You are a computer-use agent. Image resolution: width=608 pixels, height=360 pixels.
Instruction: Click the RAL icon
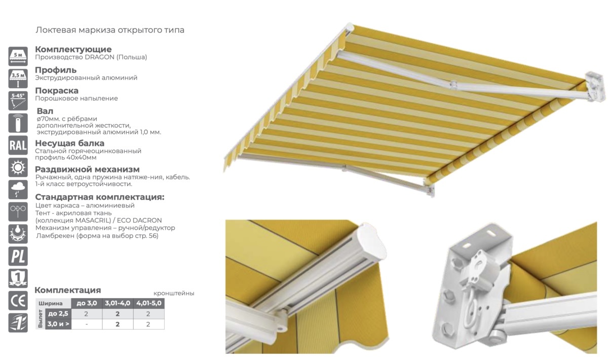coord(18,145)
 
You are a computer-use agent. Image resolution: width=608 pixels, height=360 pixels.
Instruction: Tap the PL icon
coord(18,256)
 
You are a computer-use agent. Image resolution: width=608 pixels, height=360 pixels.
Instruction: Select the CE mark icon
coord(18,301)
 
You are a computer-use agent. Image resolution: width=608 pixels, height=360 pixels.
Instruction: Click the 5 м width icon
coord(18,56)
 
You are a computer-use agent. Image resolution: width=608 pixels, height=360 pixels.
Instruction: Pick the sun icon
coord(18,167)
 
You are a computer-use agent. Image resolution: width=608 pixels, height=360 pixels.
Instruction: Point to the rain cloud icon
coord(18,190)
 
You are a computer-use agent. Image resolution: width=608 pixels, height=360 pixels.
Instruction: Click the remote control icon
coord(18,123)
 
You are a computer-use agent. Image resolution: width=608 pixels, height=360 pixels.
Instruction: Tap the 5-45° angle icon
coord(18,101)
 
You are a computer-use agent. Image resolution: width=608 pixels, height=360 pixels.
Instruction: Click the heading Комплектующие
coord(73,49)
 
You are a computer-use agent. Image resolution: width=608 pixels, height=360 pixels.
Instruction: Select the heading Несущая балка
coord(70,143)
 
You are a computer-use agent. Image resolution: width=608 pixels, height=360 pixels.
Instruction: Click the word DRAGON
coord(99,57)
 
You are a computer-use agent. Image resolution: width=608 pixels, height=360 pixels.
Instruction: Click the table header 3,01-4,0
coord(118,303)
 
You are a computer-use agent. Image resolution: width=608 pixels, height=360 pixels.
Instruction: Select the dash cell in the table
coord(87,325)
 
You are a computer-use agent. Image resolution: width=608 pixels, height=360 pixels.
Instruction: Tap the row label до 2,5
coord(58,314)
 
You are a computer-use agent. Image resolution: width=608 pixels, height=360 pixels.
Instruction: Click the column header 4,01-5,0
coord(149,303)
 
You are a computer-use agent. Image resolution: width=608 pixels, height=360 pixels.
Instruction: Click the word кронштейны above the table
coord(174,294)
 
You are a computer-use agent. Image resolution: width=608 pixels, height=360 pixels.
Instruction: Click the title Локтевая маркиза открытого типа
coord(110,30)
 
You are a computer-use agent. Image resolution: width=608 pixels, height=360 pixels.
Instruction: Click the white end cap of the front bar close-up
coord(371,244)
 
